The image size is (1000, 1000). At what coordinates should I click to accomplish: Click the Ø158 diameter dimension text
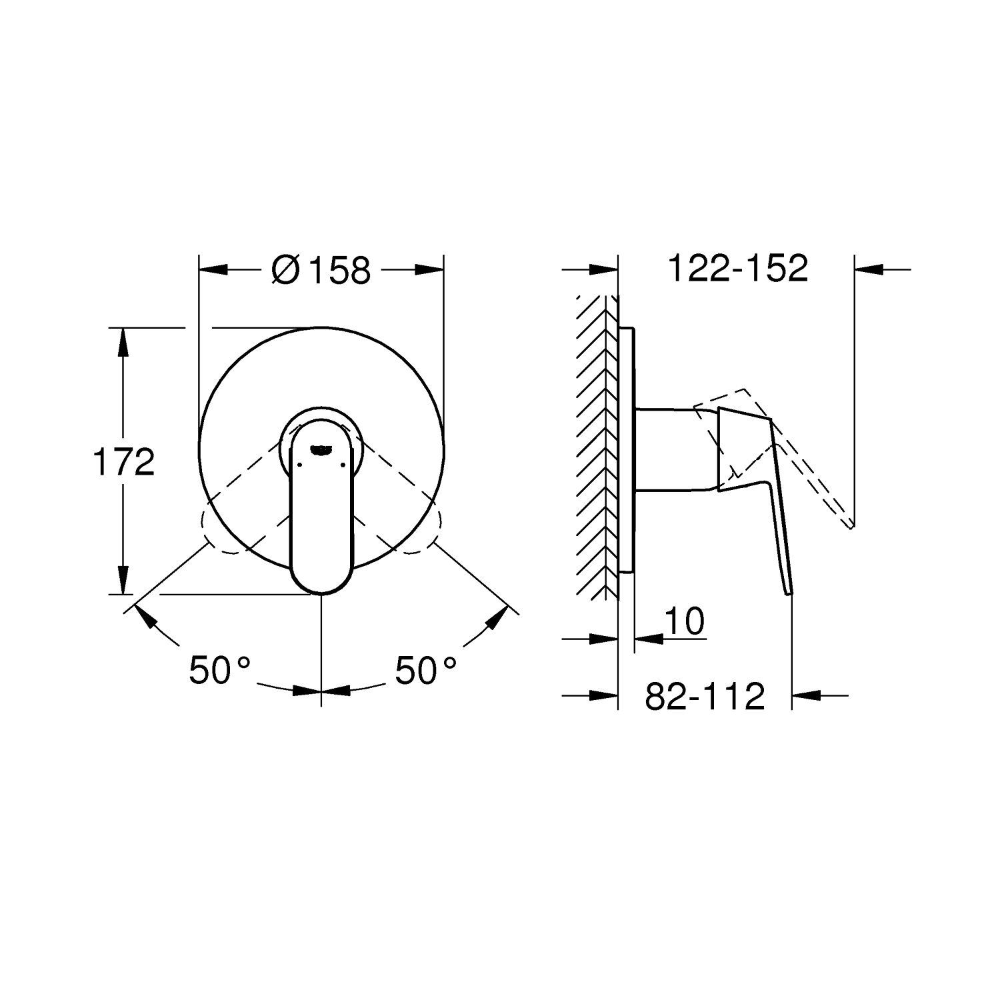321,270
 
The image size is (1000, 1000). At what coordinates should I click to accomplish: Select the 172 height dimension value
123,462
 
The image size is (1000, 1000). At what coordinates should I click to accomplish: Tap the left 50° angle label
220,670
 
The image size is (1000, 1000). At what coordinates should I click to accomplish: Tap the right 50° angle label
426,670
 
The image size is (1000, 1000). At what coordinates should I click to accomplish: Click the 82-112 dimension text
705,697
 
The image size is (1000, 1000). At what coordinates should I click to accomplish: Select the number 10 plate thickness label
684,621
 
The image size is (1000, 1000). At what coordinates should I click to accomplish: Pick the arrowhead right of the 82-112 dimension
806,696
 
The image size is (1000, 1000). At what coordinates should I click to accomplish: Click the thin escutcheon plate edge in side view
627,450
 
